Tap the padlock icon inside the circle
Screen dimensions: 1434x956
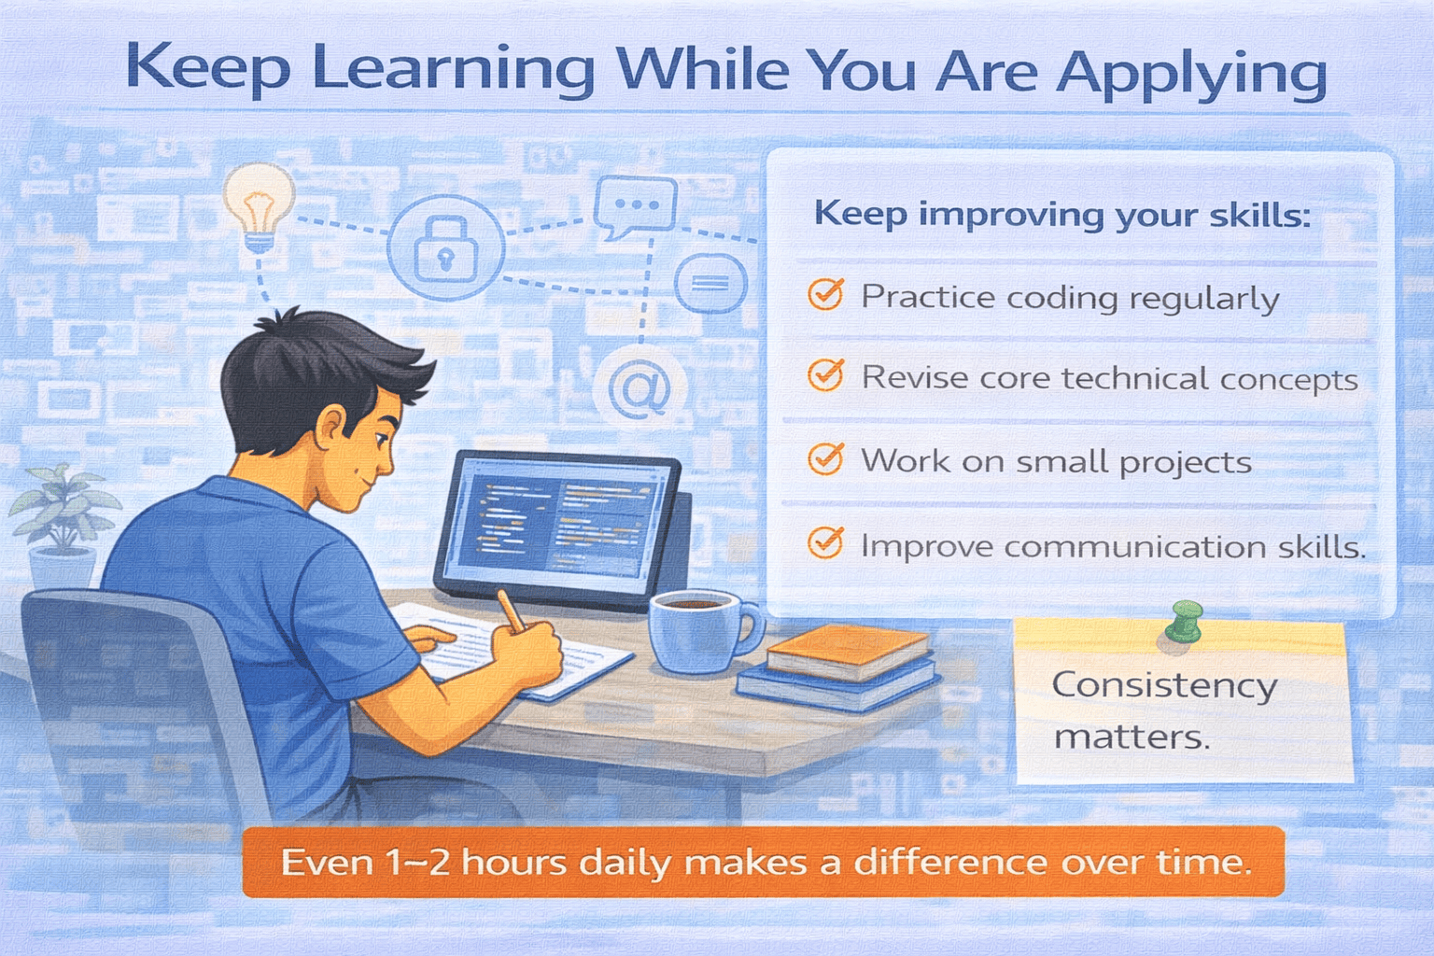pos(445,249)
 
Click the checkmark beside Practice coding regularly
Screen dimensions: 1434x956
pos(826,294)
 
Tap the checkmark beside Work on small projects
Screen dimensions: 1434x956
pos(826,458)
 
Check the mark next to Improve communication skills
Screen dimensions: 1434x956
pos(826,543)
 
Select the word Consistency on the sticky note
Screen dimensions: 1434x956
pos(1164,686)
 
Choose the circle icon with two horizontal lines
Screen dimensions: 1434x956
pos(710,283)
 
